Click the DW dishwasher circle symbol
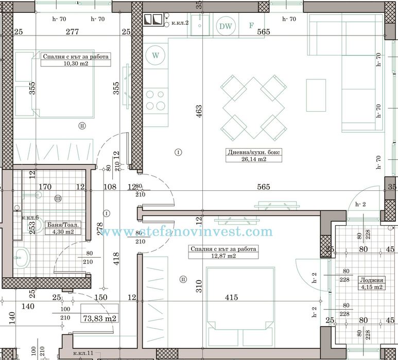tap(225, 25)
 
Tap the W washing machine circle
tap(156, 53)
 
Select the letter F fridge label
tap(251, 25)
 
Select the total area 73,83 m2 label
tap(99, 318)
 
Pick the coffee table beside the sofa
tap(316, 95)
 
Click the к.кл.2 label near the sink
tap(180, 23)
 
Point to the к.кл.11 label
tap(82, 354)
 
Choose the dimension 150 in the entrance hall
tap(100, 298)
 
